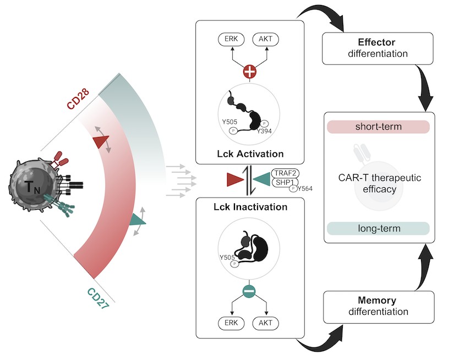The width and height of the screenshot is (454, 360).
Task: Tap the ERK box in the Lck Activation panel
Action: pyautogui.click(x=230, y=40)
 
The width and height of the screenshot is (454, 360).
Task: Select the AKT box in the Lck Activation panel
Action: pyautogui.click(x=266, y=40)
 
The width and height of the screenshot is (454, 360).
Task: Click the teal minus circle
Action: pyautogui.click(x=249, y=292)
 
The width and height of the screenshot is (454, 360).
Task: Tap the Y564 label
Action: pyautogui.click(x=307, y=189)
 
